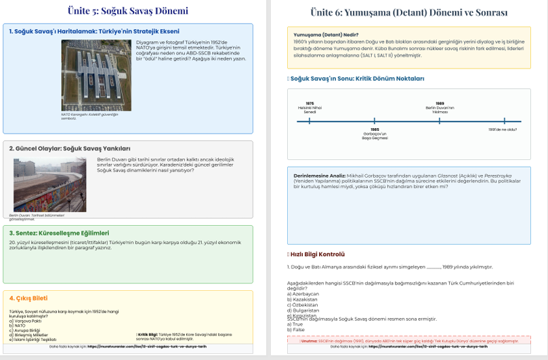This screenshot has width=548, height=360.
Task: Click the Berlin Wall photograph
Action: tap(49, 185)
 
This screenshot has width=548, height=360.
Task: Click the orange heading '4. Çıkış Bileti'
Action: tap(28, 298)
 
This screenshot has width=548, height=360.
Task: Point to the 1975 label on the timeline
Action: tap(310, 103)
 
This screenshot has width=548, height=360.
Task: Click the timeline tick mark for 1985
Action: tap(375, 121)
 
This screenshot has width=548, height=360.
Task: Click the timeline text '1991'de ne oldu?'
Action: tap(503, 129)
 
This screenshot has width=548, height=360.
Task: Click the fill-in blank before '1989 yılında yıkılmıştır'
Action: tap(434, 267)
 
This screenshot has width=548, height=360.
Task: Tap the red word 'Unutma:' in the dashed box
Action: tap(310, 341)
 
